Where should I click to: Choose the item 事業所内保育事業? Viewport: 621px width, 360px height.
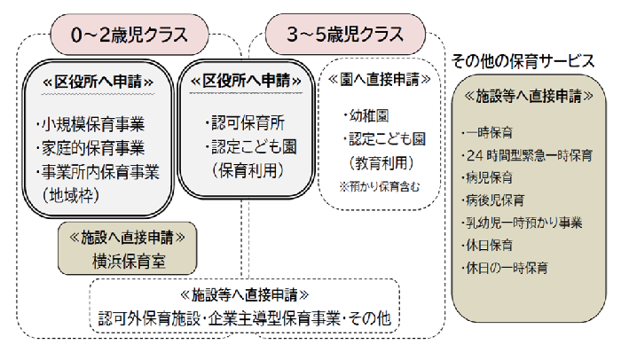[x=98, y=171]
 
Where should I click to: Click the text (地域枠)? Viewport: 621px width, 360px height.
[x=71, y=193]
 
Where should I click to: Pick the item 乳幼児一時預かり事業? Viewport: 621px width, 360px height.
[x=523, y=222]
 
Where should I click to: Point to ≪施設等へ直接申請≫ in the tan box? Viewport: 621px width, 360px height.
[x=529, y=94]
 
